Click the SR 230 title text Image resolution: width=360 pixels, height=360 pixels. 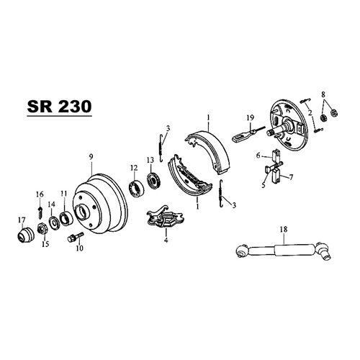click(x=59, y=107)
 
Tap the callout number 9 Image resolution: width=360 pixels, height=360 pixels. click(x=91, y=157)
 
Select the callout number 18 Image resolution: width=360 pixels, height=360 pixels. click(x=284, y=229)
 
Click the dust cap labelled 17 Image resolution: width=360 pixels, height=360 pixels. click(x=26, y=235)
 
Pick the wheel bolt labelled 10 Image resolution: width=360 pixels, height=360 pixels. click(x=76, y=236)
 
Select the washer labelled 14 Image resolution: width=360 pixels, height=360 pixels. click(x=54, y=222)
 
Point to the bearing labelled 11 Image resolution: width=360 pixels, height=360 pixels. click(x=66, y=218)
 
